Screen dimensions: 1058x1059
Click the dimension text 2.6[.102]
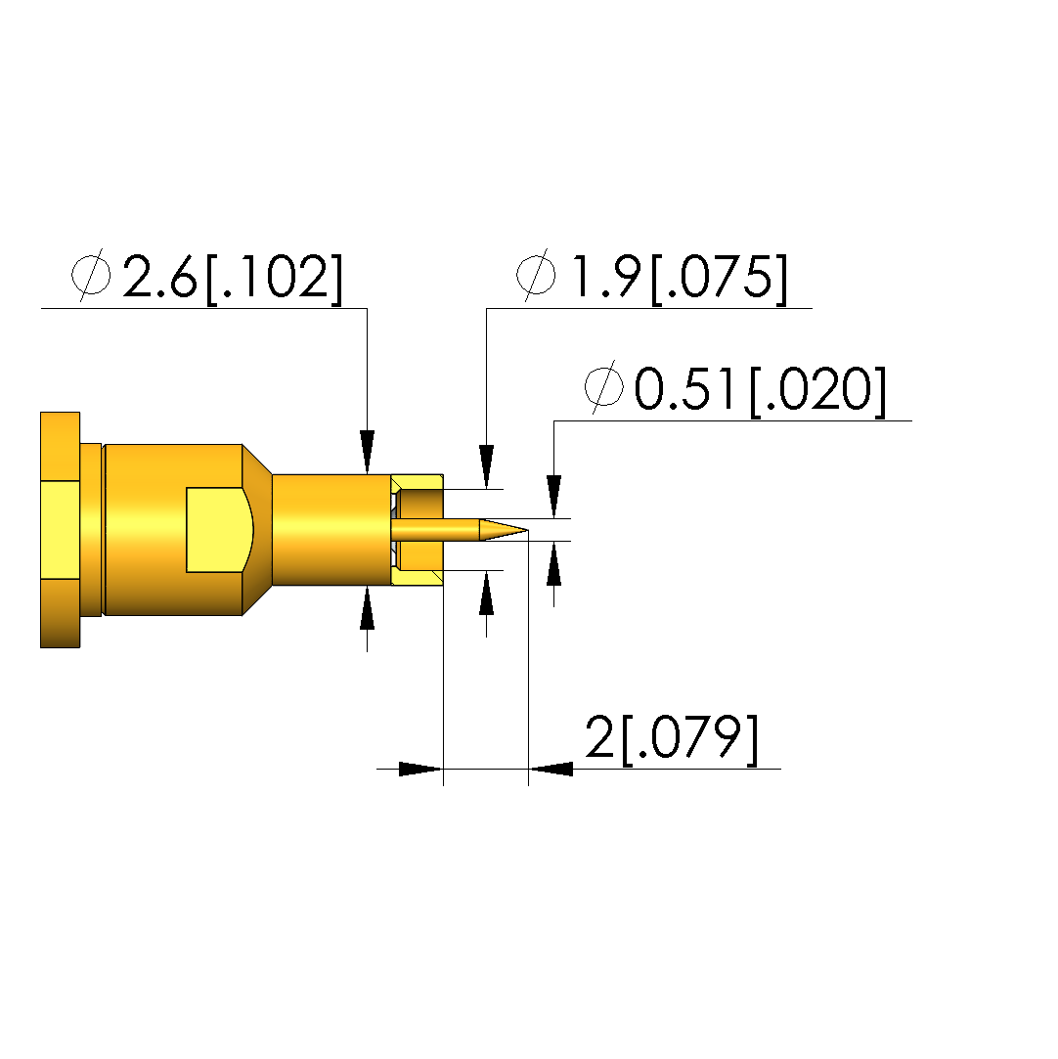tap(233, 277)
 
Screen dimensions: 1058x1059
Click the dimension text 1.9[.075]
tap(680, 277)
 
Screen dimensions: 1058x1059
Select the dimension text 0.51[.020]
tap(760, 390)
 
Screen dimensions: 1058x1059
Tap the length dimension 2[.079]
tap(672, 738)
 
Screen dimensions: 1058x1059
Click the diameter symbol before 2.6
tap(91, 275)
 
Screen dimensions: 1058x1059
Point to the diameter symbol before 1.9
tap(536, 275)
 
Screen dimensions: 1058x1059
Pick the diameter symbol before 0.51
tap(604, 387)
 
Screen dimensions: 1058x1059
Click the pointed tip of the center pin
tap(527, 530)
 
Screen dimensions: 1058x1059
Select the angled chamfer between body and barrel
tap(257, 530)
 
